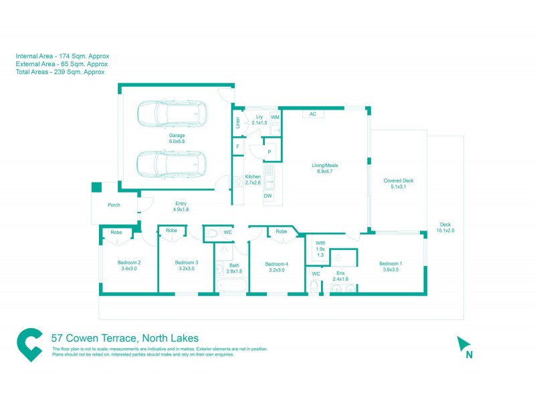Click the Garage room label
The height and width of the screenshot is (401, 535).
pyautogui.click(x=177, y=135)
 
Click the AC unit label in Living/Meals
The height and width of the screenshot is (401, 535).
pyautogui.click(x=312, y=114)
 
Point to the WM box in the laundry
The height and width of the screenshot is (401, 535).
pyautogui.click(x=275, y=117)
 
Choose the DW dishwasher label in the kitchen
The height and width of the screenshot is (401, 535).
pyautogui.click(x=267, y=196)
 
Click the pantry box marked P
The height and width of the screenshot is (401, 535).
pyautogui.click(x=269, y=152)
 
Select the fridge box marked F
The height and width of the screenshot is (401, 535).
pyautogui.click(x=237, y=146)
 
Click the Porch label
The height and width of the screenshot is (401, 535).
pyautogui.click(x=114, y=205)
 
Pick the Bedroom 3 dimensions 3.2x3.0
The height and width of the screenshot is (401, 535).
pyautogui.click(x=185, y=269)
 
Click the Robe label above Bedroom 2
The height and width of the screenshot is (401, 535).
pyautogui.click(x=116, y=232)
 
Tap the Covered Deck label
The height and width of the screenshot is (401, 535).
pyautogui.click(x=398, y=180)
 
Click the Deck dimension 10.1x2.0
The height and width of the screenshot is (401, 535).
pyautogui.click(x=445, y=231)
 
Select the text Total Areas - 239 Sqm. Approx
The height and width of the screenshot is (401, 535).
pyautogui.click(x=60, y=72)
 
